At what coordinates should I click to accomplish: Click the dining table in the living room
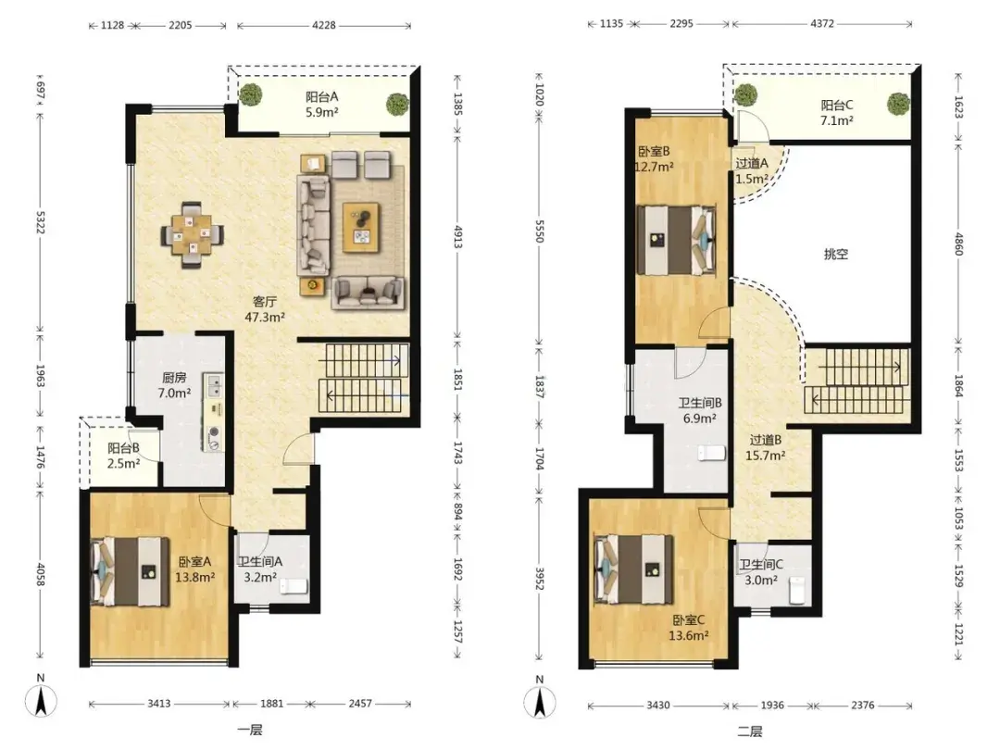[x=192, y=234]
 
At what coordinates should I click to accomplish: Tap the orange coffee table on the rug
[x=362, y=227]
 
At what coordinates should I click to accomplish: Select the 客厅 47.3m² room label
[x=265, y=308]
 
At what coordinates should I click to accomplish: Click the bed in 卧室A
[x=132, y=571]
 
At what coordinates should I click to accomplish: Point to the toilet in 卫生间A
[x=294, y=585]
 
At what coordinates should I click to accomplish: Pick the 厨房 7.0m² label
[x=174, y=385]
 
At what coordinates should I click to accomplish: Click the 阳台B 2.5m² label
[x=123, y=456]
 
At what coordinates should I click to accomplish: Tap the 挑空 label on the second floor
[x=836, y=254]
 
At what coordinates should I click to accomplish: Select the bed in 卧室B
[x=677, y=240]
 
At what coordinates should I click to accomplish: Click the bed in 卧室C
[x=633, y=569]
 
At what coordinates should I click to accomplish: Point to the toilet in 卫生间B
[x=712, y=453]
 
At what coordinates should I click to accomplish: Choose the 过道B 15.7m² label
[x=766, y=447]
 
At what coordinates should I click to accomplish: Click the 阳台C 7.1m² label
[x=837, y=112]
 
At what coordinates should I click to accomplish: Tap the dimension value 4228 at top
[x=324, y=26]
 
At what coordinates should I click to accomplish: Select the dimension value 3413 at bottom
[x=159, y=704]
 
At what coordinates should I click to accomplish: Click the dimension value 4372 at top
[x=822, y=23]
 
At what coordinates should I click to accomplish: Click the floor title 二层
[x=749, y=731]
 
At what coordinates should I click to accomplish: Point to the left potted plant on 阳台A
[x=251, y=95]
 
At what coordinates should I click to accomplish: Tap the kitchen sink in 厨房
[x=213, y=385]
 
